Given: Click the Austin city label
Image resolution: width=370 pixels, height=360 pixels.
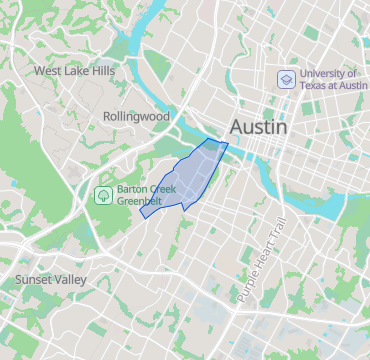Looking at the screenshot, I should pos(258,127).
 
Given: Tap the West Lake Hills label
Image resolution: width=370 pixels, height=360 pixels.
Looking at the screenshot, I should pos(74,71).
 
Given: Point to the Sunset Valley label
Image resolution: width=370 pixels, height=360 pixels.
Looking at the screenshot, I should pos(50,279).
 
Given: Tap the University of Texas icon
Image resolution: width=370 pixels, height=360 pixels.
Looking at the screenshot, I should pos(286,79).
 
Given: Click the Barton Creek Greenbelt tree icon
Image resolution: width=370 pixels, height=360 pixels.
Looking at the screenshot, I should pos(102,194).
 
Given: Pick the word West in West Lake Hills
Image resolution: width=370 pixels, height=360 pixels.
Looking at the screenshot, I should pos(49,71).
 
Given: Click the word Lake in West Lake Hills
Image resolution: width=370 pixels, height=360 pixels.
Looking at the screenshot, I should pos(77,71).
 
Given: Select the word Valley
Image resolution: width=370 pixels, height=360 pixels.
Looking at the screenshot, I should pos(72,279).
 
